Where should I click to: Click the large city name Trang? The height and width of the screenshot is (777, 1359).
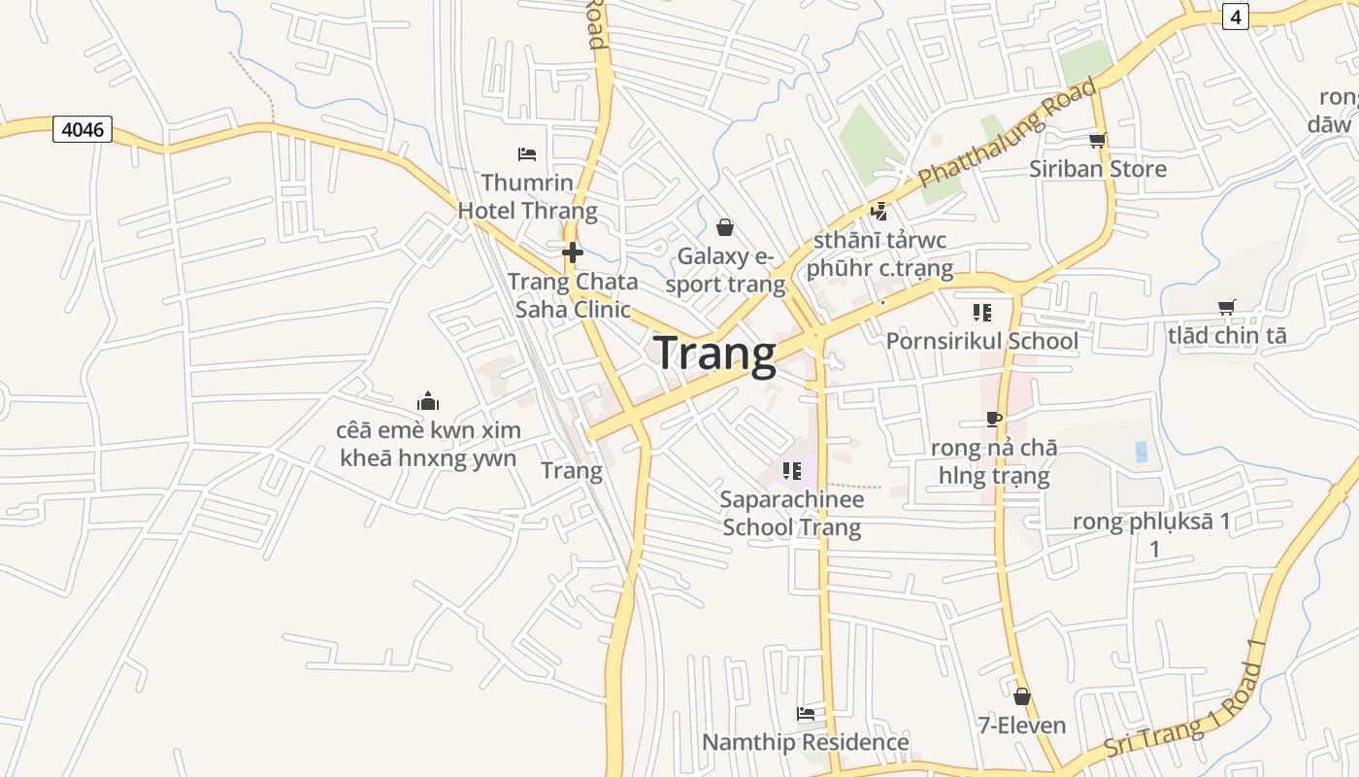coord(714,354)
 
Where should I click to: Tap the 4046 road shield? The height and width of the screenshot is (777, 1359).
coord(83,129)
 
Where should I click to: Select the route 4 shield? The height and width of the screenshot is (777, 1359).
coord(1235,17)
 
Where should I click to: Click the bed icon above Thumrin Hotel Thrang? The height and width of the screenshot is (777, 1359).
coord(527,153)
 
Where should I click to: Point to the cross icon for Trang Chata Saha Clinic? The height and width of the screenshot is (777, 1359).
coord(573,253)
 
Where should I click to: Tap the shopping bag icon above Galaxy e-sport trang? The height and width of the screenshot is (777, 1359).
coord(724,227)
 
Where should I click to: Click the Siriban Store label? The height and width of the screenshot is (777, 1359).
coord(1098,169)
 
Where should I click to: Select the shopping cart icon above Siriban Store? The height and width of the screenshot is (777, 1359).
coord(1097,141)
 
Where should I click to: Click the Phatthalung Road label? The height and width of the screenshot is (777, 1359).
coord(1008,134)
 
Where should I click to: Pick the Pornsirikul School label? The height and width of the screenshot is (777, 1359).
coord(981,341)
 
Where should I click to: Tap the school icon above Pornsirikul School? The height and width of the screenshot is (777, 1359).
coord(981,313)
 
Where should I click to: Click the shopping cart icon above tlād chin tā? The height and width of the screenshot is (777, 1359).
coord(1226,307)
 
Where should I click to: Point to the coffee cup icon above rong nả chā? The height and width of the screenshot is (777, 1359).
coord(993,420)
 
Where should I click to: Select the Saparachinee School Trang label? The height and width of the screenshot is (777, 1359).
coord(791,514)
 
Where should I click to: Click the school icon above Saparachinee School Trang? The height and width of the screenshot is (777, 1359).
coord(791,471)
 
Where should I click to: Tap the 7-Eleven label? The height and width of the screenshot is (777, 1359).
coord(1021,726)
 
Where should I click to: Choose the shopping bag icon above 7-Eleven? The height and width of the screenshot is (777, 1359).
coord(1021,696)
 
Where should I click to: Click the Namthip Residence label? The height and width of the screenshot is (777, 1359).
coord(805,743)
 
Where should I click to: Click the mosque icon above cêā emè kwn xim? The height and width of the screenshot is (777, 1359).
coord(428,401)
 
